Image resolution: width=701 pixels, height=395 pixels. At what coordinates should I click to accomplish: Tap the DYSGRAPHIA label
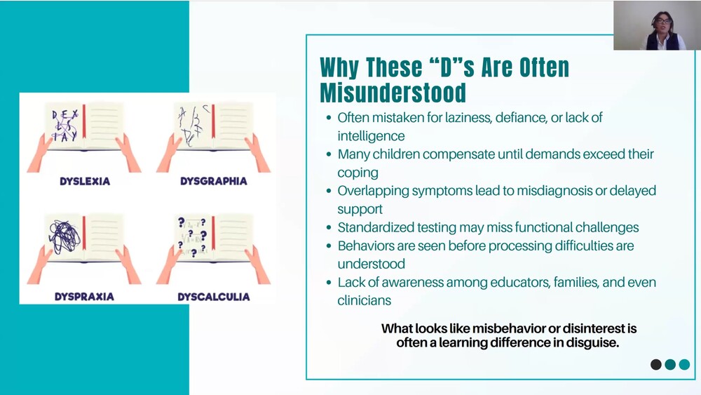coord(213,181)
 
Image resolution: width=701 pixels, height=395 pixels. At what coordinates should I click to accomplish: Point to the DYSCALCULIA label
coord(213,297)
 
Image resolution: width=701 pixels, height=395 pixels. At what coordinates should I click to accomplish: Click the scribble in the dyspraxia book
coord(63,238)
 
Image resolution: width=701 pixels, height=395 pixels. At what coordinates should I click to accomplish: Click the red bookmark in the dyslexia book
coord(83,126)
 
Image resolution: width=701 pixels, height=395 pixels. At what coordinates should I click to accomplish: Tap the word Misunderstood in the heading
coord(393,93)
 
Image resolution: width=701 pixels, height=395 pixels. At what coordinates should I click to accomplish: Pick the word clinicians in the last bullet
coord(364,300)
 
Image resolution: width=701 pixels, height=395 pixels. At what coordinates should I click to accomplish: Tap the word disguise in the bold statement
coord(593,343)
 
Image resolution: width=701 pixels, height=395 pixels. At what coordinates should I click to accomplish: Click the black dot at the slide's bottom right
coord(656,365)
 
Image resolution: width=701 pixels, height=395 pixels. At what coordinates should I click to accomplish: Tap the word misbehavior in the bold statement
coord(509,328)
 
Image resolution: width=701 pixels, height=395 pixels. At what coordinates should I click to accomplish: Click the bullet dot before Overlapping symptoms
coord(329,191)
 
